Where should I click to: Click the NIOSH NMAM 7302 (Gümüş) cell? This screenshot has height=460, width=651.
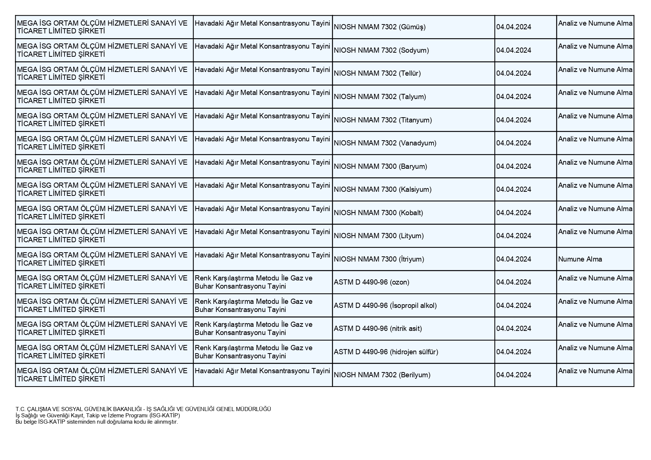(379, 27)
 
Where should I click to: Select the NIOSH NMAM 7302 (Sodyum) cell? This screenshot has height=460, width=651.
(381, 50)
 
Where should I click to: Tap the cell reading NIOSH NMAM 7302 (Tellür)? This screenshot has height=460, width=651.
(377, 73)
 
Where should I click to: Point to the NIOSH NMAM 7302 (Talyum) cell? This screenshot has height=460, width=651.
(379, 97)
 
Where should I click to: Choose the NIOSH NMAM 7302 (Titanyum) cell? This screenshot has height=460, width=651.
(382, 120)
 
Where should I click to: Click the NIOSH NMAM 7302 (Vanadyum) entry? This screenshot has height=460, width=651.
(385, 143)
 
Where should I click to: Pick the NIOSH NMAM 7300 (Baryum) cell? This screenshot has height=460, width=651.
(380, 167)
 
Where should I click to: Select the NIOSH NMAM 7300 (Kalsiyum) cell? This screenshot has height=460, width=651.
(382, 190)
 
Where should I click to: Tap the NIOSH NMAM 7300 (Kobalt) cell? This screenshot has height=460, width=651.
(378, 213)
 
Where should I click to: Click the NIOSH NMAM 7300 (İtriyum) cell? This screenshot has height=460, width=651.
(379, 259)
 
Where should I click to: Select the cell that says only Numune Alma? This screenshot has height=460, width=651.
(580, 259)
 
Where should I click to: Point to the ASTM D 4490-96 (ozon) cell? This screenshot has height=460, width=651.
(371, 282)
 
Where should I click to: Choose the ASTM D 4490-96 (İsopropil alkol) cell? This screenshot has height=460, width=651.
(385, 306)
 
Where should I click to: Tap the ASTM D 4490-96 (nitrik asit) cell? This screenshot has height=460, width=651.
(378, 329)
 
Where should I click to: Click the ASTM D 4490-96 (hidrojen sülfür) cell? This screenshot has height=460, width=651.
(386, 352)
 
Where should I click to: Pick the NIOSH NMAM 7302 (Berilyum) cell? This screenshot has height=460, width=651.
(382, 375)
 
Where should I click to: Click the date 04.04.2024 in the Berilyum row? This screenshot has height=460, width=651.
(514, 375)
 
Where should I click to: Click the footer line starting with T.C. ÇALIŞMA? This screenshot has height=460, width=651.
(143, 409)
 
